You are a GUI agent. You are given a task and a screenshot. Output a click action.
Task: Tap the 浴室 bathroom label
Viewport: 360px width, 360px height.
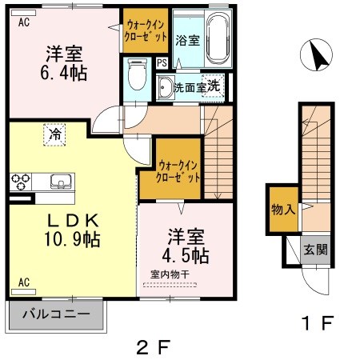point(186,39)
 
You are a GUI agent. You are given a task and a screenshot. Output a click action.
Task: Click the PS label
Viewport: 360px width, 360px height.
point(162,62)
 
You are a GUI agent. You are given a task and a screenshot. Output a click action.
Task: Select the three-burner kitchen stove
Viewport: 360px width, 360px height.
point(21,180)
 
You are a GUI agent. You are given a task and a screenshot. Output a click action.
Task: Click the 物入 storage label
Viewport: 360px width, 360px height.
point(282,210)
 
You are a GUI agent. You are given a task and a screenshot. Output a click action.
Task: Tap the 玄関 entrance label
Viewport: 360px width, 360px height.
point(314,249)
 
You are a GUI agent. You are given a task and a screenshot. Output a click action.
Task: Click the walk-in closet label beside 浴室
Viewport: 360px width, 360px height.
point(145,31)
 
